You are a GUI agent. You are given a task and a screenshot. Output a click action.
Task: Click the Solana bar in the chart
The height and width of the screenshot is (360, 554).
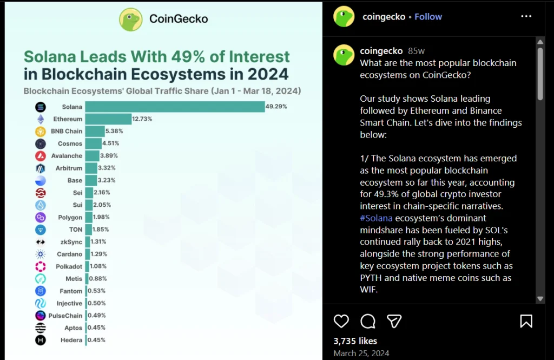tap(174, 107)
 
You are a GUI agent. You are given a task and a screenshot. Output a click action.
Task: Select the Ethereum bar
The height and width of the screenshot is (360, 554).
tap(108, 119)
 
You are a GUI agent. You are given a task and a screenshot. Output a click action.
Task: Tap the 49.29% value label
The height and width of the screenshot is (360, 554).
tap(276, 107)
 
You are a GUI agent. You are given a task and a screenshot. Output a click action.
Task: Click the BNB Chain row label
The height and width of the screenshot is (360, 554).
tap(67, 131)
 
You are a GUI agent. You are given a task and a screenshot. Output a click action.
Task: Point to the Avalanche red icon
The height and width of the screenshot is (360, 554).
tap(41, 156)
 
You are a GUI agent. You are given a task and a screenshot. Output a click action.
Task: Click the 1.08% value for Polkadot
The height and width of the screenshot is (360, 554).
tap(97, 266)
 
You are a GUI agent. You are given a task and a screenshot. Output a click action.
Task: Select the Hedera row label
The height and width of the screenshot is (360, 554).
tap(72, 340)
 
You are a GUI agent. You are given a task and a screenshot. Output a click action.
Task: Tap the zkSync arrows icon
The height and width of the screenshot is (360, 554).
tap(41, 242)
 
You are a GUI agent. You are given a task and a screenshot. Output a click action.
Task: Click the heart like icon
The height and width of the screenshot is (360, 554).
tap(341, 322)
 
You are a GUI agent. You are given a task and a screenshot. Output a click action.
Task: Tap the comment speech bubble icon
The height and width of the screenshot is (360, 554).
tap(368, 322)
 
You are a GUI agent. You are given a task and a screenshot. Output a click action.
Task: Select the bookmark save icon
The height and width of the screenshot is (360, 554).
tap(526, 322)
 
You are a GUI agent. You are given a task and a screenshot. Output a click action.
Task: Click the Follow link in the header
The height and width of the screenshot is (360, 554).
tap(428, 17)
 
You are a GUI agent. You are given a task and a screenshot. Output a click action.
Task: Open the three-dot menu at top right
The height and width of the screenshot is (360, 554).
tap(526, 17)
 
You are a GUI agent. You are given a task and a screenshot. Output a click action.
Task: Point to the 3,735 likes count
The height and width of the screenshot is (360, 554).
tap(355, 341)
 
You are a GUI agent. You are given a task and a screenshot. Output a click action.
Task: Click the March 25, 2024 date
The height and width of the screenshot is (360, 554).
tap(361, 353)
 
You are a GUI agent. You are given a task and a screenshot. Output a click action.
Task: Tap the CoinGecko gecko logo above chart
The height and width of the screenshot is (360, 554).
tap(130, 19)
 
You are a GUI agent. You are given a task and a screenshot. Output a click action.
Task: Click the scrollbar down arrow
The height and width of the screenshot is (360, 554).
tap(540, 299)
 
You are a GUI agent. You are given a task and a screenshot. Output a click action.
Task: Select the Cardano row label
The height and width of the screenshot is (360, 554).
tap(69, 254)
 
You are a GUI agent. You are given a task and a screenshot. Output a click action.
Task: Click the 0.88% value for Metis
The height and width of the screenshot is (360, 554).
tap(97, 279)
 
